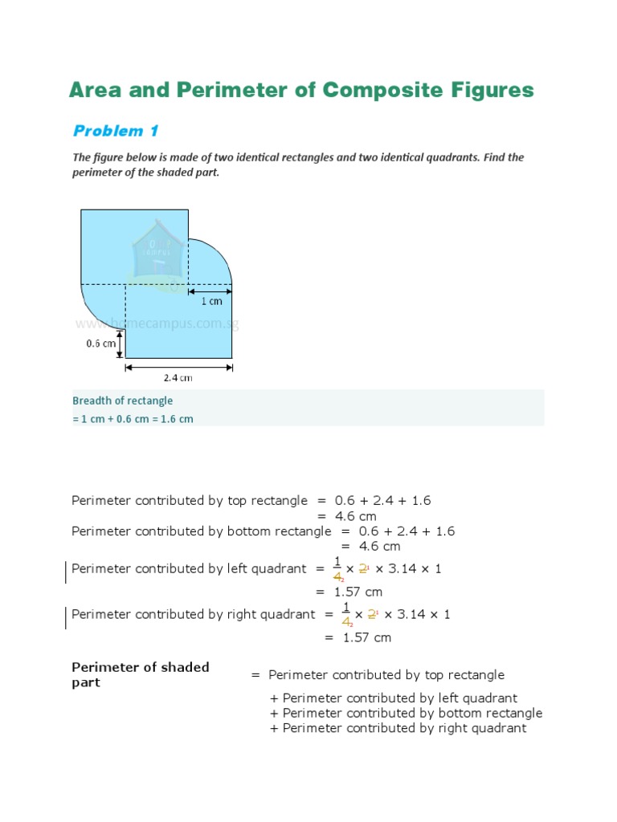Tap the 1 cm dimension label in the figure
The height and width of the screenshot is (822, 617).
coord(211,301)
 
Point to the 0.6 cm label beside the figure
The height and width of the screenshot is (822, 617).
coord(101,343)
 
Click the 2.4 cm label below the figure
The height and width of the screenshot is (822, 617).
coord(178,378)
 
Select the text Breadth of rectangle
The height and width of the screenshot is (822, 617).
coord(122,401)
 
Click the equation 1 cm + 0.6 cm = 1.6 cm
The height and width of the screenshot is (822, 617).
coord(133,419)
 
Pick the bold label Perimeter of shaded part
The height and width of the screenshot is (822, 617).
coord(140,674)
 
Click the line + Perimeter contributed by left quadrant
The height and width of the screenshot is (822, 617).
coord(394,698)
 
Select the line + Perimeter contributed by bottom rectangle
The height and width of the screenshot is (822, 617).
coord(407,713)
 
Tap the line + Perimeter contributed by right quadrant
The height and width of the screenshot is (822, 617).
coord(398,728)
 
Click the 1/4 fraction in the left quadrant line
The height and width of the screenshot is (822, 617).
coord(337,569)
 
